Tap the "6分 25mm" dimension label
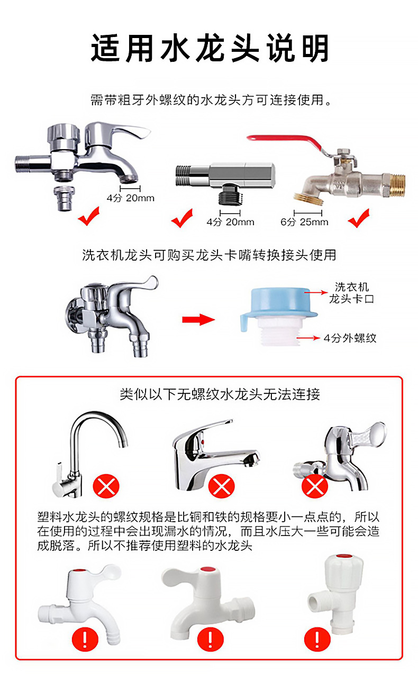point(304,221)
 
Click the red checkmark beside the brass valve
point(359,217)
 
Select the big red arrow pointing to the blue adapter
point(198,320)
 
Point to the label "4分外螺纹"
point(350,338)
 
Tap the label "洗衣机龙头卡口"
point(351,293)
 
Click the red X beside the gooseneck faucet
point(106,486)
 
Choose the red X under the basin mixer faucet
point(221,486)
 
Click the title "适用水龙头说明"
point(209,49)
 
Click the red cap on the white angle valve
point(340,558)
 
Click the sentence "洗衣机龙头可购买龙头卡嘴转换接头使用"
point(209,255)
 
